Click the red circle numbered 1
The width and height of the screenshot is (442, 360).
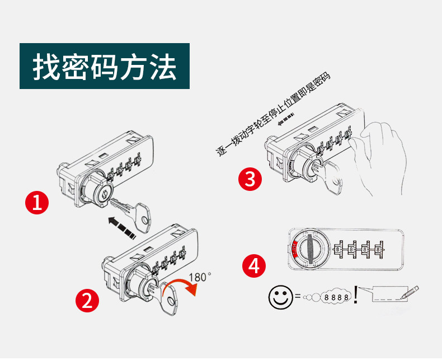point(37,203)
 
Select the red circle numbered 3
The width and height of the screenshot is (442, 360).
point(250,179)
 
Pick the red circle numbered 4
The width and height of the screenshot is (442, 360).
point(253,265)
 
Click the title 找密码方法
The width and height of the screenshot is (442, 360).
point(105,67)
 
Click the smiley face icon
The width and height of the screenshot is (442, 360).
point(280,297)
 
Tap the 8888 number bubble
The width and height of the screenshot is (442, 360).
point(337,297)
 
